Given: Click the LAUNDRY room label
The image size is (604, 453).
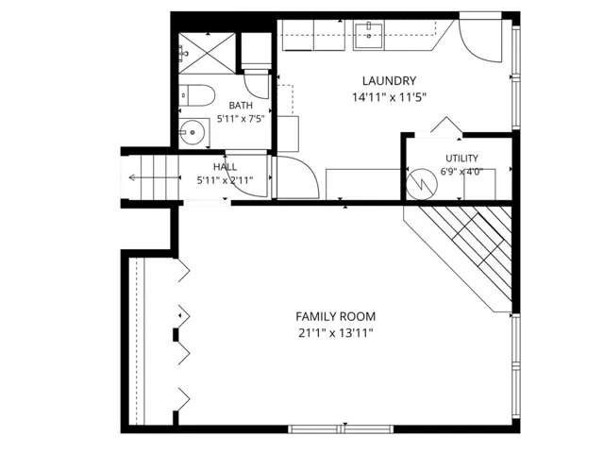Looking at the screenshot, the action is point(389,81).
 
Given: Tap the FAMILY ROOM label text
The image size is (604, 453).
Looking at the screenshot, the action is point(336,317).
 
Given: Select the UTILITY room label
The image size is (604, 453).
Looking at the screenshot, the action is point(461,159).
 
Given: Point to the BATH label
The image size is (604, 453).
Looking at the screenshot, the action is point(241,106).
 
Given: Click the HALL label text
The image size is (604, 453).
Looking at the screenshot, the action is point(225,167).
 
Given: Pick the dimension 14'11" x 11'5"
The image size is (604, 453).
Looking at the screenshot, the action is point(389,97).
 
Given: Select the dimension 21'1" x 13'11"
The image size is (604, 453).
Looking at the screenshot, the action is point(336,333).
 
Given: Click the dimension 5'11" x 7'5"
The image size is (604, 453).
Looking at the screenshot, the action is point(241,119).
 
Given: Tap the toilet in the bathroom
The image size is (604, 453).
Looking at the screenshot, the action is point(197,95).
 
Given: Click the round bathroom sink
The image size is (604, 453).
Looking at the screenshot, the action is point(192,132).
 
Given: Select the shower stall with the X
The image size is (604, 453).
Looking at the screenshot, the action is point(208,53).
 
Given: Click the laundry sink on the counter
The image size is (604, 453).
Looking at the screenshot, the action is point(369,36).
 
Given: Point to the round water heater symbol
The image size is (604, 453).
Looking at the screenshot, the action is point(422,184).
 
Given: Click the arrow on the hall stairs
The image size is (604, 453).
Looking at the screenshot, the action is point(155,177).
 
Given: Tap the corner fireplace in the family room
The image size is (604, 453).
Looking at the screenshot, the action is point(458,259).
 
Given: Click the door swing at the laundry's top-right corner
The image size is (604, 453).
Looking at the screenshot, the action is point(480,41).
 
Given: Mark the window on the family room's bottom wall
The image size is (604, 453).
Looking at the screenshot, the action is point(341,429).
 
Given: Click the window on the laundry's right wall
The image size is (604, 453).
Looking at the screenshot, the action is point(516,77).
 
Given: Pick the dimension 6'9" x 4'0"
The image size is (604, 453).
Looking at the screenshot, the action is point(461,172).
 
